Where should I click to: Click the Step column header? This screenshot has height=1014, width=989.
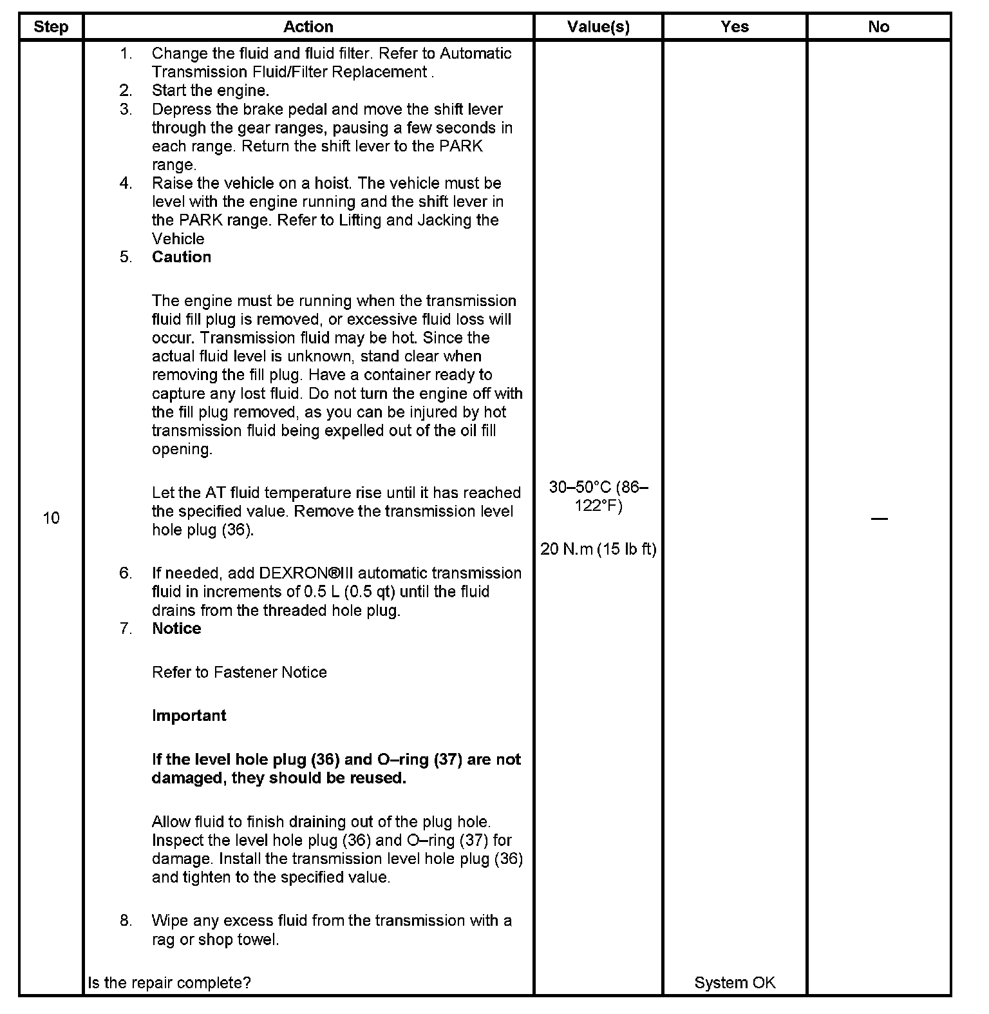point(51,27)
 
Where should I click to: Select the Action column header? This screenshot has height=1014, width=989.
point(308,27)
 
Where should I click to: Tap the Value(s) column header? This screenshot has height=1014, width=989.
point(598,27)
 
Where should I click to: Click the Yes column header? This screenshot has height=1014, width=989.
point(735,27)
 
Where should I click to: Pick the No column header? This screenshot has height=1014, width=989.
point(878,27)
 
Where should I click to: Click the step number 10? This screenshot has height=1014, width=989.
point(51,518)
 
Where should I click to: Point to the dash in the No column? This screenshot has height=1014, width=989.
point(878,519)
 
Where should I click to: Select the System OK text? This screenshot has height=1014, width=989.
point(735,982)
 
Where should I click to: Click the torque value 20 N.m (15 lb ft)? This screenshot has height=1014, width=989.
point(598,549)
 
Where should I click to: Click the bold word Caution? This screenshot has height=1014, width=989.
point(182,257)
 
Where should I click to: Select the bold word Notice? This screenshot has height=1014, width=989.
point(176,629)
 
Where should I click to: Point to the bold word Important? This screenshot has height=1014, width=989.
point(189,716)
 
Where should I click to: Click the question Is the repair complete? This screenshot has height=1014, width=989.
point(169,982)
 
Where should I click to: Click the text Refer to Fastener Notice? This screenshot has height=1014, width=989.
point(240,673)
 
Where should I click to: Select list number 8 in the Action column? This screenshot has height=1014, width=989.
point(126,921)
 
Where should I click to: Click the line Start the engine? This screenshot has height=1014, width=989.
point(211,91)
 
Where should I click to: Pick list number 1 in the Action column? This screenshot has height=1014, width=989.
point(126,53)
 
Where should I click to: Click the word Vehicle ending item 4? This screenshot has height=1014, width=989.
point(178,239)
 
